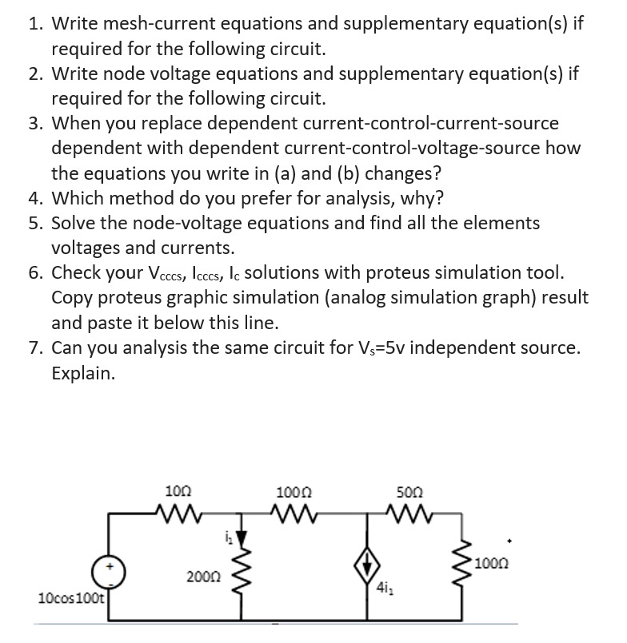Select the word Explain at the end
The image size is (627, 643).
83,373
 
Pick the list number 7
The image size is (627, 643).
34,348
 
